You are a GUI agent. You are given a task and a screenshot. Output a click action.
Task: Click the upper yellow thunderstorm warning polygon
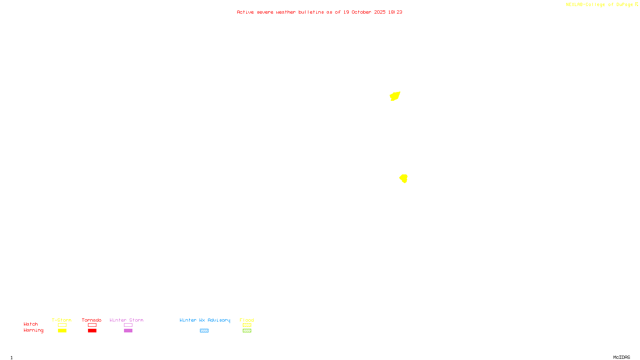[x=395, y=96]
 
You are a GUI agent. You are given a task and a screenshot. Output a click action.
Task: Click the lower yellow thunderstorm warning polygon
[x=404, y=178]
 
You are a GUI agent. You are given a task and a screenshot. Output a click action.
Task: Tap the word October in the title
[x=361, y=12]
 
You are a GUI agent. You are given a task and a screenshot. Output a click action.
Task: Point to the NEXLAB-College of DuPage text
[x=599, y=5]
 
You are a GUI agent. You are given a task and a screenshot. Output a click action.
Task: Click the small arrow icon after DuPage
[x=636, y=4]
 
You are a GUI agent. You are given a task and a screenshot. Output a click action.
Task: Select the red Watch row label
[x=31, y=324]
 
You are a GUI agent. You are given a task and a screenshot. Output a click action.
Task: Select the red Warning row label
[x=33, y=330]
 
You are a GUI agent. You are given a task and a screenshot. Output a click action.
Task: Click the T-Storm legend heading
[x=62, y=320]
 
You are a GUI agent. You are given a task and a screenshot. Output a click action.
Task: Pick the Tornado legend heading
[x=92, y=320]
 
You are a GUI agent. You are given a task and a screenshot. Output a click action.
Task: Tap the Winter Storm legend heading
[x=126, y=320]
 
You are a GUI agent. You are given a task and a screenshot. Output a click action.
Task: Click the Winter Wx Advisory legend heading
[x=205, y=320]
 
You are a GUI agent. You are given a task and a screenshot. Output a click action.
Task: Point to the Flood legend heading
[x=247, y=320]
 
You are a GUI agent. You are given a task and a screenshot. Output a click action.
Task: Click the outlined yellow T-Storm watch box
[x=62, y=325]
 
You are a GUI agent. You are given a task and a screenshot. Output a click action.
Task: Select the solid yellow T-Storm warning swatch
[x=62, y=331]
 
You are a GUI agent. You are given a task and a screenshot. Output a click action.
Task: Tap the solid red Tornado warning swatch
[x=92, y=331]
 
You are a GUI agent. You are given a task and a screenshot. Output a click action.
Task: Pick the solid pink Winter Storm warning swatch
[x=128, y=331]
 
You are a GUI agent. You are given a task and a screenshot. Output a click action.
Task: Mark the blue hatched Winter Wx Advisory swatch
[x=204, y=331]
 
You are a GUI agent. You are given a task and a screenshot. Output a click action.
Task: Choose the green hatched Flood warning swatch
[x=247, y=331]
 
